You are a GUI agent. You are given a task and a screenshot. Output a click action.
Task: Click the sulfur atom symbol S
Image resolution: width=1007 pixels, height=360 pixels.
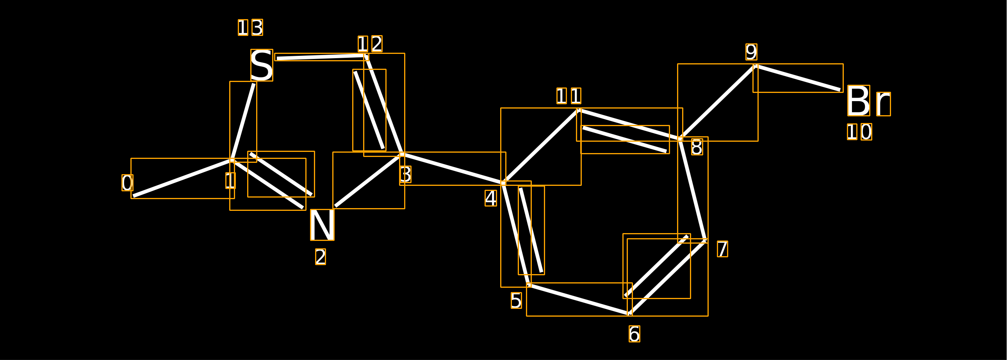pos(262,65)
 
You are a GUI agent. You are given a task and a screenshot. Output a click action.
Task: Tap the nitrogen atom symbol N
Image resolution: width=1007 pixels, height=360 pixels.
pos(322,225)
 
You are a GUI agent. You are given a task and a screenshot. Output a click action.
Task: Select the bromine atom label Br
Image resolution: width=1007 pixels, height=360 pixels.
pos(869,101)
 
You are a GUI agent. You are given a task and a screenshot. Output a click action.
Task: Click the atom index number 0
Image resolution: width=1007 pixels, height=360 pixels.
pos(127,183)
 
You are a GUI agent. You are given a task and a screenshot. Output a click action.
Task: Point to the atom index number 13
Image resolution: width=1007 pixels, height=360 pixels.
pos(251,27)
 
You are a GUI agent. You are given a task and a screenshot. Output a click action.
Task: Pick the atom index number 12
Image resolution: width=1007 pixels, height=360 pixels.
pos(370,44)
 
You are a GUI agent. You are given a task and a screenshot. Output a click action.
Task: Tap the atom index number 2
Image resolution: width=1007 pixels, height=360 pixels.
pos(321,257)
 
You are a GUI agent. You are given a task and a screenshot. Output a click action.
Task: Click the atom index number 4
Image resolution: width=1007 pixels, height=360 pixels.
pos(491,198)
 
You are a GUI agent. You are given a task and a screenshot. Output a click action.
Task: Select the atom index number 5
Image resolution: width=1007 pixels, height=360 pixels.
pos(516,300)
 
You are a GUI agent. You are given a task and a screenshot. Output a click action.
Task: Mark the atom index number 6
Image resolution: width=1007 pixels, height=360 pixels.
pos(634,334)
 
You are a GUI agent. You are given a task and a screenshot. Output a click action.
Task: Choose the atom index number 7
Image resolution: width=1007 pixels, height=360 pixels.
pos(722,249)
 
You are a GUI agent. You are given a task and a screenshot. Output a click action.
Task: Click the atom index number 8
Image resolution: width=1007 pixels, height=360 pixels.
pos(697,147)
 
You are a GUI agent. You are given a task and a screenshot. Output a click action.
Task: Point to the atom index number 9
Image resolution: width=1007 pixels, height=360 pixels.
pos(751,52)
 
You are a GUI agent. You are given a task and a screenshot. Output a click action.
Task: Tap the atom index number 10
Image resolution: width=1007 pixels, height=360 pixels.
pos(860,132)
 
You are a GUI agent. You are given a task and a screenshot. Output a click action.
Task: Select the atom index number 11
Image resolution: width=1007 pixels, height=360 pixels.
pos(569,96)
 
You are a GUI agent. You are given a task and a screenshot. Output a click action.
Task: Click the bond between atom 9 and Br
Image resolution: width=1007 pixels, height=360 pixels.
pos(798,78)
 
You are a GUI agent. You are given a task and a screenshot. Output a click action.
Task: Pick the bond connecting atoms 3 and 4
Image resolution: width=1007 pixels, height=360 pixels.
pos(453,168)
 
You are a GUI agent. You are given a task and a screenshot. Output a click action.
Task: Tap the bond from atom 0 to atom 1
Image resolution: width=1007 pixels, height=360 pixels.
pos(183,178)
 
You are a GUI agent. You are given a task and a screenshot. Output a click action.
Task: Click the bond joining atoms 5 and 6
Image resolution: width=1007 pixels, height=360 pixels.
pos(579,299)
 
